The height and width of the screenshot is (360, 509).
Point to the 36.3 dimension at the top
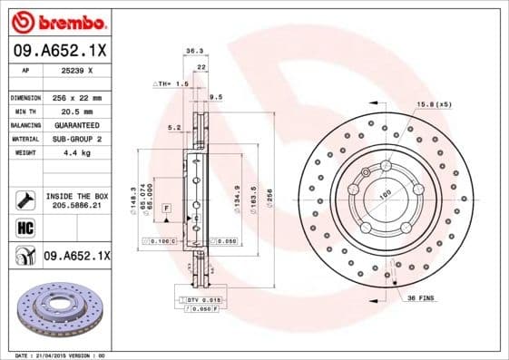point(193,51)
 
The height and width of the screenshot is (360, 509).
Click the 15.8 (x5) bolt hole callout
point(433,105)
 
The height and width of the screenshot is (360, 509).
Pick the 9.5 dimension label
point(216,95)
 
